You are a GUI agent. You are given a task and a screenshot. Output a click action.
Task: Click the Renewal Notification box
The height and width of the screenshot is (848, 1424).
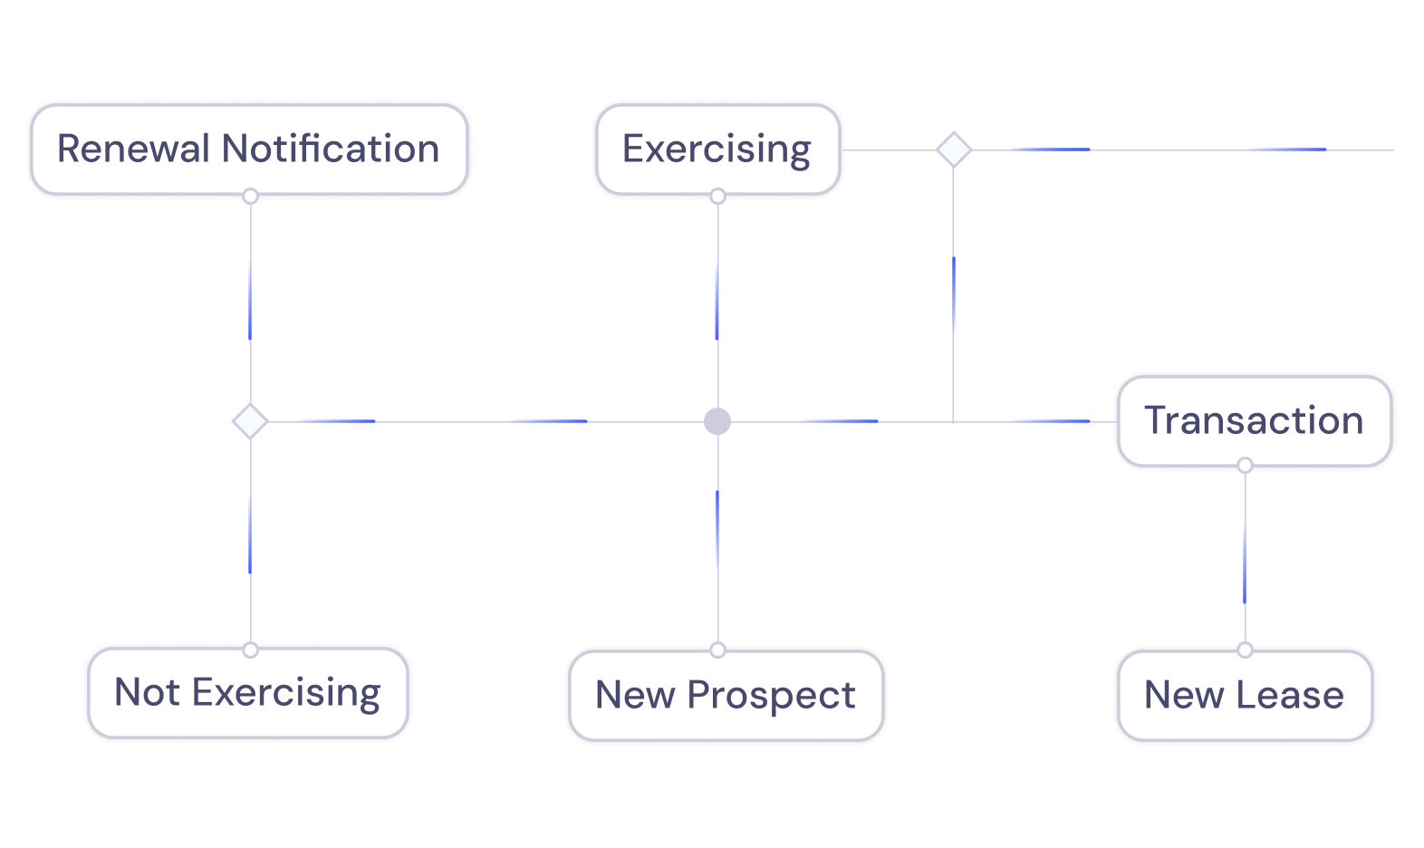tap(249, 149)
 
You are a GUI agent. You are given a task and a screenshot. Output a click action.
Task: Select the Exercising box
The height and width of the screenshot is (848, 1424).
tap(717, 149)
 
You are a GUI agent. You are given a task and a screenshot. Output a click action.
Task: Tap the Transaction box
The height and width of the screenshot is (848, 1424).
tap(1254, 420)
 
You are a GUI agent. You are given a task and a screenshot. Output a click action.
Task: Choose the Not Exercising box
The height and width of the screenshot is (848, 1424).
tap(247, 693)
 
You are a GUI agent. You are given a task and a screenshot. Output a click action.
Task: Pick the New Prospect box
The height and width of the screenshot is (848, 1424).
tap(725, 696)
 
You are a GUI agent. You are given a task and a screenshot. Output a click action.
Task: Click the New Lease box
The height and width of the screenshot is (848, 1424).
tap(1245, 696)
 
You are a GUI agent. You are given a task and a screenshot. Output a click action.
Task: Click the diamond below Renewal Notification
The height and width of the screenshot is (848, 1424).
tap(250, 421)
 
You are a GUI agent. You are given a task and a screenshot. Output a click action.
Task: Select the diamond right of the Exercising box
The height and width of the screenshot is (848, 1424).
tap(953, 149)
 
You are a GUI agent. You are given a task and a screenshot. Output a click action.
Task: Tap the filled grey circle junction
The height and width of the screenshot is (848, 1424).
tap(717, 421)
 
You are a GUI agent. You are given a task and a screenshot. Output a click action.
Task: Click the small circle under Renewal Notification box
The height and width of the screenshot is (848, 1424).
tap(251, 197)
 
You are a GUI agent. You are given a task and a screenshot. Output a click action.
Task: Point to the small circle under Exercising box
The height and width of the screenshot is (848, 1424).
tap(718, 197)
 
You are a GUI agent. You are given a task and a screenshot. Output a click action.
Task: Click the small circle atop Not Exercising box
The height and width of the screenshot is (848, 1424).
tap(251, 650)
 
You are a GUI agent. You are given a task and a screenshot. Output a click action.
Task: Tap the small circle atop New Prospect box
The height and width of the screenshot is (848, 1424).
tap(718, 650)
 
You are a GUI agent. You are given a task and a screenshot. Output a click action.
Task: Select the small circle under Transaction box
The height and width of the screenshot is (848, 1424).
tap(1246, 466)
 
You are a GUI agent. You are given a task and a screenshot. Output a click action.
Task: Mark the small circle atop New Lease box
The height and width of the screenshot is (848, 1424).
tap(1246, 650)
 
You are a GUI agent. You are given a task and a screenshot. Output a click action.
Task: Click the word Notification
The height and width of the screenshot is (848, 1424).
tap(331, 149)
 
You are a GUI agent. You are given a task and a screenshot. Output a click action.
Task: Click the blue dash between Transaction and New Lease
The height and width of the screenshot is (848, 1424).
tap(1245, 562)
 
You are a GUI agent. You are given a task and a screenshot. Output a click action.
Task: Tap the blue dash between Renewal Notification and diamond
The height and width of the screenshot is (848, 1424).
tap(250, 299)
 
